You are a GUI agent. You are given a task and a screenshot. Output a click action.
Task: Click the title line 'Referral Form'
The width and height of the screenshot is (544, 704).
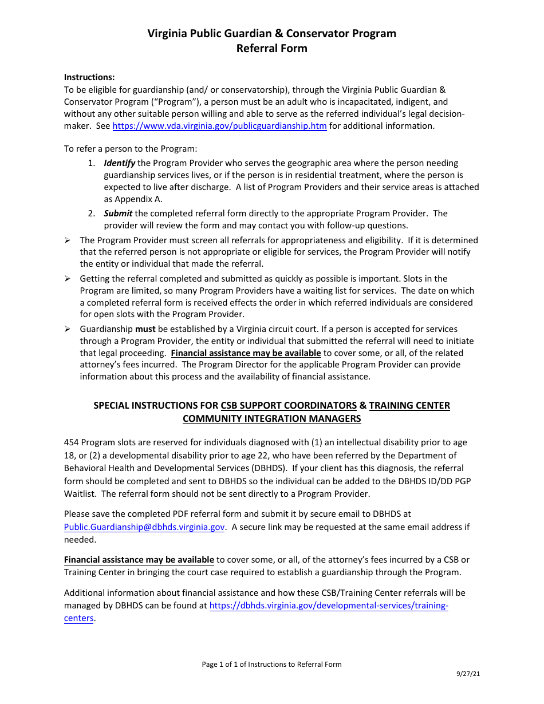tap(272, 48)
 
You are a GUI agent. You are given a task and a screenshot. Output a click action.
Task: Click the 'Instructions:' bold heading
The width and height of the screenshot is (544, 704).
tap(89, 77)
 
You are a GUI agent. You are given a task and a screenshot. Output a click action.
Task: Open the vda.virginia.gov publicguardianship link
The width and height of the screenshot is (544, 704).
tap(219, 126)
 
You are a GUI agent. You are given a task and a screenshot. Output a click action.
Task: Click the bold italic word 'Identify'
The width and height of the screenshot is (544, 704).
tap(119, 163)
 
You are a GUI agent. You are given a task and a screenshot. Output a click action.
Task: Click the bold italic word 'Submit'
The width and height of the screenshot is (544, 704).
tap(118, 213)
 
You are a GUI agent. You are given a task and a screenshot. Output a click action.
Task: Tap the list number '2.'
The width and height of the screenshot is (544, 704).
tap(92, 213)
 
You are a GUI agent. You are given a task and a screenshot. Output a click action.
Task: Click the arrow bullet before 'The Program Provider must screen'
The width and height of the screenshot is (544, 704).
tap(67, 240)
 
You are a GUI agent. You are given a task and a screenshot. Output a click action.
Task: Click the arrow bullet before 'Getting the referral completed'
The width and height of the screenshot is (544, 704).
tap(67, 279)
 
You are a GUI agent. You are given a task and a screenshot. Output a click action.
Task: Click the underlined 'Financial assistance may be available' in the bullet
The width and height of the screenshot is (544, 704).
tap(246, 353)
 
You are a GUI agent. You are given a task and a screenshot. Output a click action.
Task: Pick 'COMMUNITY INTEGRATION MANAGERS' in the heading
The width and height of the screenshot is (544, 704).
tap(272, 418)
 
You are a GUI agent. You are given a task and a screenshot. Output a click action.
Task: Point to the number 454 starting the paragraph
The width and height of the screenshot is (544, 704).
tap(72, 442)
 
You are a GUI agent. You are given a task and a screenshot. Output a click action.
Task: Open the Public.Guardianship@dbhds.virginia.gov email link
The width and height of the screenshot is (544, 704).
tap(144, 527)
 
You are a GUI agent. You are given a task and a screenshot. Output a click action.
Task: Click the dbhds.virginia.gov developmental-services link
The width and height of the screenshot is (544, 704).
tap(329, 606)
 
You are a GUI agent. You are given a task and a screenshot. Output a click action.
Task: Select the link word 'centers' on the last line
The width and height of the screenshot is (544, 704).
tap(78, 618)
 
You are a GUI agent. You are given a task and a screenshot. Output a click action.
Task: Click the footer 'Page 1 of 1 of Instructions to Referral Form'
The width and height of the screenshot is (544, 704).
tap(271, 665)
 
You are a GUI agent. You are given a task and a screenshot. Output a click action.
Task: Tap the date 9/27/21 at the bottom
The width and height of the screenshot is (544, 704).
tap(468, 674)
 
